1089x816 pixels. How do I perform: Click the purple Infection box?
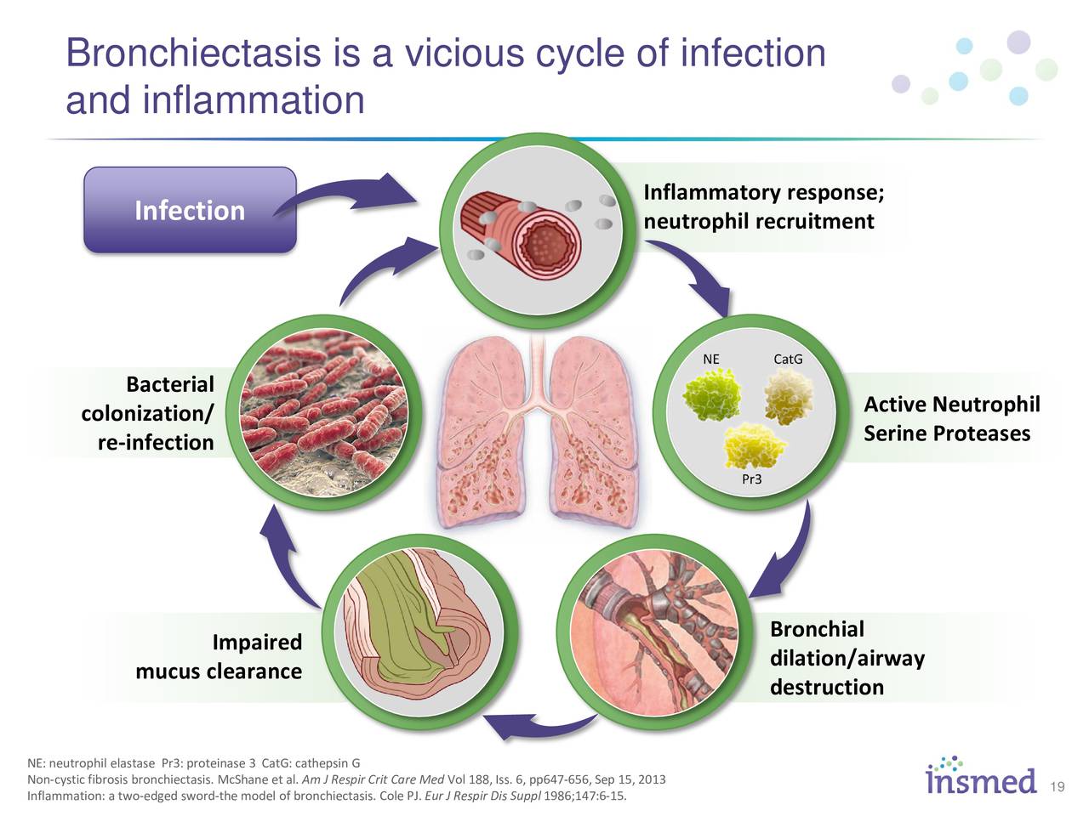pos(189,210)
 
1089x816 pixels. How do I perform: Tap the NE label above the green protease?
pos(710,359)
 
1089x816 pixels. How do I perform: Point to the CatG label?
pos(788,359)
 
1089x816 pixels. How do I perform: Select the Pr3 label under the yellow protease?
pos(751,479)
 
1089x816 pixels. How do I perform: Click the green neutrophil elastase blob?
pos(713,396)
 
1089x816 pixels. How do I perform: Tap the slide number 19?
pos(1058,786)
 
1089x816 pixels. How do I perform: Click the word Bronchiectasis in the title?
pos(193,54)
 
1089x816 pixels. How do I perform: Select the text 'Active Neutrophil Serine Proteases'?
pos(951,418)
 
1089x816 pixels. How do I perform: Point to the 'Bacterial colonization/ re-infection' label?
pos(150,413)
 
